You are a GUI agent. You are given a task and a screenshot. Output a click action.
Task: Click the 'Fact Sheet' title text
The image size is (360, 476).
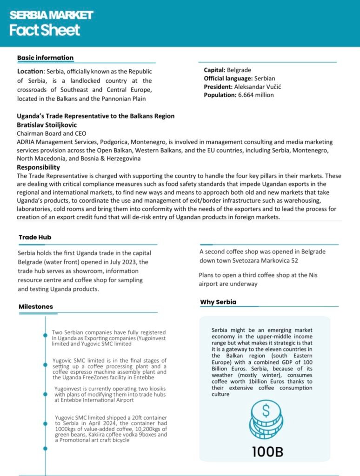(45, 30)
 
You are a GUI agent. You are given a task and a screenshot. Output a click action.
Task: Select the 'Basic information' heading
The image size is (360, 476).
(45, 58)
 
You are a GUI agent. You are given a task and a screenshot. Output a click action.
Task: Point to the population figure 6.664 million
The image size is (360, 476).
(255, 95)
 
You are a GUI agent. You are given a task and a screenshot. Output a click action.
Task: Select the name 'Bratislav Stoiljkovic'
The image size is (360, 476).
(47, 125)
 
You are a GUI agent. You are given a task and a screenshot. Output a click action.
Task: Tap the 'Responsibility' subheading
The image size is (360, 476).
(38, 167)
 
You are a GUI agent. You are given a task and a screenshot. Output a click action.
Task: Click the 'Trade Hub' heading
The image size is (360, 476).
(35, 238)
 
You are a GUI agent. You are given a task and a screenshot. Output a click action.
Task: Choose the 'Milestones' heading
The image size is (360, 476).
(36, 307)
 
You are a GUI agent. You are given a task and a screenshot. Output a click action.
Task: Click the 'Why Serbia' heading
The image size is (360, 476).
(218, 302)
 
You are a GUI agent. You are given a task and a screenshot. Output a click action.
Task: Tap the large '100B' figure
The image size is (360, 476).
(267, 451)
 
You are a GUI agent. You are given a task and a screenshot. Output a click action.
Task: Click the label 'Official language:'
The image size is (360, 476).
(228, 78)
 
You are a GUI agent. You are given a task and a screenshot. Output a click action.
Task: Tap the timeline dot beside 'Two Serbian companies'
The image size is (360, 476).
(45, 334)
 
